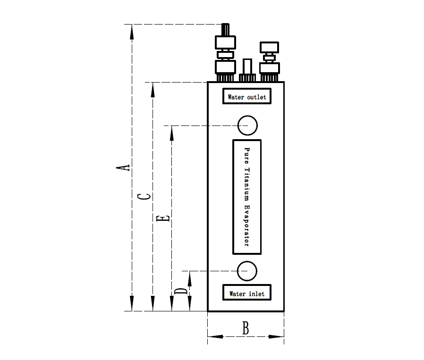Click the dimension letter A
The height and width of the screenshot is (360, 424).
[x=123, y=167]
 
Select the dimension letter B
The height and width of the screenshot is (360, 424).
[x=246, y=328]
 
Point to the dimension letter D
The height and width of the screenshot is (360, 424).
[x=181, y=292]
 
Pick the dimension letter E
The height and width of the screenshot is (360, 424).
[x=163, y=218]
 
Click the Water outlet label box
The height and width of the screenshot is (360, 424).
[x=247, y=96]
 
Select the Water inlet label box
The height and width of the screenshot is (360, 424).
[x=247, y=293]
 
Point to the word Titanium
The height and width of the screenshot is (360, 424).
[x=247, y=184]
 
